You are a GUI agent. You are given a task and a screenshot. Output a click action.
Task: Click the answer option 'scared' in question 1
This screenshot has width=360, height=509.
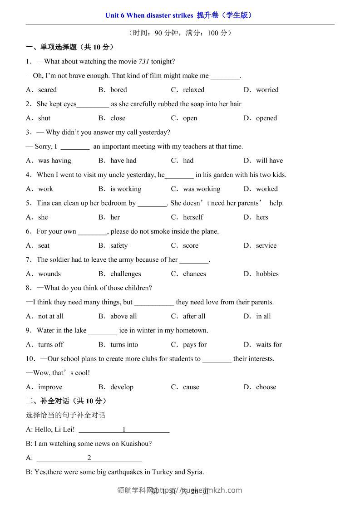pyautogui.click(x=47, y=90)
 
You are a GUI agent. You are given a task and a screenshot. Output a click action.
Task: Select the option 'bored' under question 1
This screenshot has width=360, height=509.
pyautogui.click(x=118, y=90)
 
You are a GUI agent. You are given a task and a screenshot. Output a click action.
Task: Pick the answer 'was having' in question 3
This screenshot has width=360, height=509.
pyautogui.click(x=54, y=161)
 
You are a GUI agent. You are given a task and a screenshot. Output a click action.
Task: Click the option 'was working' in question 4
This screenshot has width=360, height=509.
pyautogui.click(x=202, y=189)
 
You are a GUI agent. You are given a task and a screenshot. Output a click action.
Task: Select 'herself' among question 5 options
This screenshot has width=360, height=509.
pyautogui.click(x=193, y=217)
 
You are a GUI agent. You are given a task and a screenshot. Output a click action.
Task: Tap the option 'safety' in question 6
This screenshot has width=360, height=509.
pyautogui.click(x=119, y=246)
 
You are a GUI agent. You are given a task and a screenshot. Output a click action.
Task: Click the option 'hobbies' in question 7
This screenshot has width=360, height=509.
pyautogui.click(x=267, y=274)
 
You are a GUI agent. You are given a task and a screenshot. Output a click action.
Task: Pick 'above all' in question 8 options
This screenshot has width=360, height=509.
pyautogui.click(x=123, y=316)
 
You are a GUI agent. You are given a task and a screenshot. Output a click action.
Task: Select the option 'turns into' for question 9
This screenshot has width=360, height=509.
pyautogui.click(x=124, y=345)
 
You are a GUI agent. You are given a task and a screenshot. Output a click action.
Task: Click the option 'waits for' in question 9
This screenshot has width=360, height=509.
pyautogui.click(x=269, y=345)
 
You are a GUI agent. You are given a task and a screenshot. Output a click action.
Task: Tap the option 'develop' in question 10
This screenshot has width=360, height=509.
pyautogui.click(x=122, y=387)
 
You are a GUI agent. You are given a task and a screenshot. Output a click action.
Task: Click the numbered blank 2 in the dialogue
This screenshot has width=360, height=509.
pyautogui.click(x=89, y=458)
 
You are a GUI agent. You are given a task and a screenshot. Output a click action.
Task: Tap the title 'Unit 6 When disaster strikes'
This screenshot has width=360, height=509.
pyautogui.click(x=149, y=15)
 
